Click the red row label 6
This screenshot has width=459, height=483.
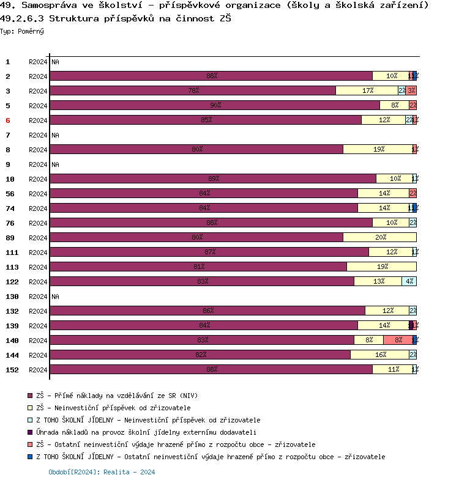click(x=8, y=120)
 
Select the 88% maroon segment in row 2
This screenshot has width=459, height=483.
click(x=211, y=76)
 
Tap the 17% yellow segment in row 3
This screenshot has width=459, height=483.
click(x=367, y=91)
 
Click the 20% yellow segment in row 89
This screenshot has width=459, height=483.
click(x=379, y=238)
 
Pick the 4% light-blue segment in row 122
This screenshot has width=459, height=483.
click(x=409, y=282)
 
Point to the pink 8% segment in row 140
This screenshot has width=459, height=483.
click(x=398, y=341)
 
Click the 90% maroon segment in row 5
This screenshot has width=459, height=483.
click(x=215, y=106)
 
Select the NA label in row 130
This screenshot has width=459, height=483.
click(x=55, y=297)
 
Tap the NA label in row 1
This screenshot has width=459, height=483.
click(x=55, y=62)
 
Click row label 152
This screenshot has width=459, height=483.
click(x=11, y=370)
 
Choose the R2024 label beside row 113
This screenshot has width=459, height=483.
click(x=38, y=267)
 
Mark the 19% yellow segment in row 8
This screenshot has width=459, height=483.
click(x=378, y=150)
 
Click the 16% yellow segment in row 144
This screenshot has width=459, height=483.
click(x=379, y=355)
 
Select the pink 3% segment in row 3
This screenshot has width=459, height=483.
click(x=411, y=91)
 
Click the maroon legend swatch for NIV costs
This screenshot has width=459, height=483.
click(x=31, y=396)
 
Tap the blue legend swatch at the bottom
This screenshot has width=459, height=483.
click(x=31, y=457)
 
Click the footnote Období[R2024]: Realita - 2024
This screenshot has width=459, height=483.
click(x=102, y=472)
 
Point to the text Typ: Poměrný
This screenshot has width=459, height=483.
click(x=22, y=31)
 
